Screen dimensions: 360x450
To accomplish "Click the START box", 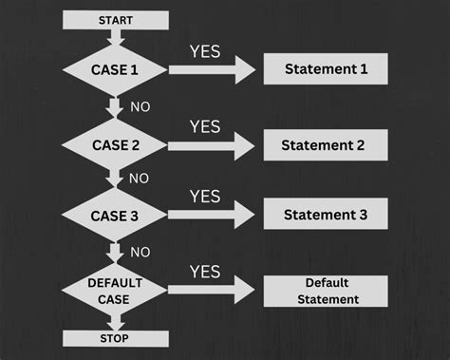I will click(115, 19).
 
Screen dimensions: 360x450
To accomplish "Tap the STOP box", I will click(115, 338).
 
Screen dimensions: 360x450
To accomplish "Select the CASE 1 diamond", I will click(115, 69).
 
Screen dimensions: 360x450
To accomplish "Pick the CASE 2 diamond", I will click(115, 145).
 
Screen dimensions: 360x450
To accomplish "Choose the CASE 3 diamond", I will click(115, 216).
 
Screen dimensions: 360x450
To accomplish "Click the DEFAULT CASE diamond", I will click(115, 290).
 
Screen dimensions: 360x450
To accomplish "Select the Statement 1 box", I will click(325, 68).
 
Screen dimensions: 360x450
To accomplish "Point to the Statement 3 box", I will click(325, 215).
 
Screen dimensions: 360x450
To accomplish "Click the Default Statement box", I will click(325, 291).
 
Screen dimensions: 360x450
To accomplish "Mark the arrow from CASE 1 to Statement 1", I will click(213, 69).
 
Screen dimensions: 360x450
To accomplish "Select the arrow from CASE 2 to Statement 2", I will click(213, 145).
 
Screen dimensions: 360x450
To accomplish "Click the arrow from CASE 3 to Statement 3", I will click(213, 216).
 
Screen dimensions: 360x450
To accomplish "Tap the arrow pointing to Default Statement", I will click(213, 290).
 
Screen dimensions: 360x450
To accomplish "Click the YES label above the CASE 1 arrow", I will click(205, 51).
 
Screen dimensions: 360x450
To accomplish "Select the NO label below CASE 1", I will click(139, 106).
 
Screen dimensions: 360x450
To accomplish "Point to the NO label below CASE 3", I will click(139, 252).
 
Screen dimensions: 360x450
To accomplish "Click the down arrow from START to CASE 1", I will click(115, 36).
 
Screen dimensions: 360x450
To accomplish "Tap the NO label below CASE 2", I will click(139, 179).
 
